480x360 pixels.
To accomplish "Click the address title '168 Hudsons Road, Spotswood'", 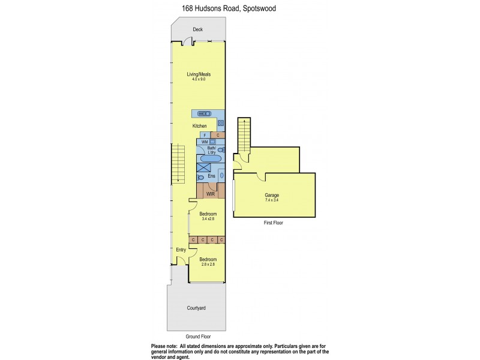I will pos(221,9).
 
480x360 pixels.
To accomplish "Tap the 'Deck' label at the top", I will pos(197,30).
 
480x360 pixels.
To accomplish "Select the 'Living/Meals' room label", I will pos(198,74).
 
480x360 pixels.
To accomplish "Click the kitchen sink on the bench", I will pos(205,113).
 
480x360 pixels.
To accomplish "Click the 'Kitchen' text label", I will pos(199,126).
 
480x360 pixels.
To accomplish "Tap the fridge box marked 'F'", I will pos(205,135).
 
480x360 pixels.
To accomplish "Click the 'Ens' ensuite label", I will pos(211,176).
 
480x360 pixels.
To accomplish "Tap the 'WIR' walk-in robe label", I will pos(211,194).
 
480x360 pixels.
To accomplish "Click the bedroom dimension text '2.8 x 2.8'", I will pos(208,264).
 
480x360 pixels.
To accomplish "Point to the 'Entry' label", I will pos(180,250).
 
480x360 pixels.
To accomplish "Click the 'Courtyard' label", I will pos(196,308).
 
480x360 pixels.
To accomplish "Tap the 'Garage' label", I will pos(272,195).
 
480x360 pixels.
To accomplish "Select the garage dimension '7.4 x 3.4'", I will pos(272,200).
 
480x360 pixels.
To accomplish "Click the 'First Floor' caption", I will pos(273,223).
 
